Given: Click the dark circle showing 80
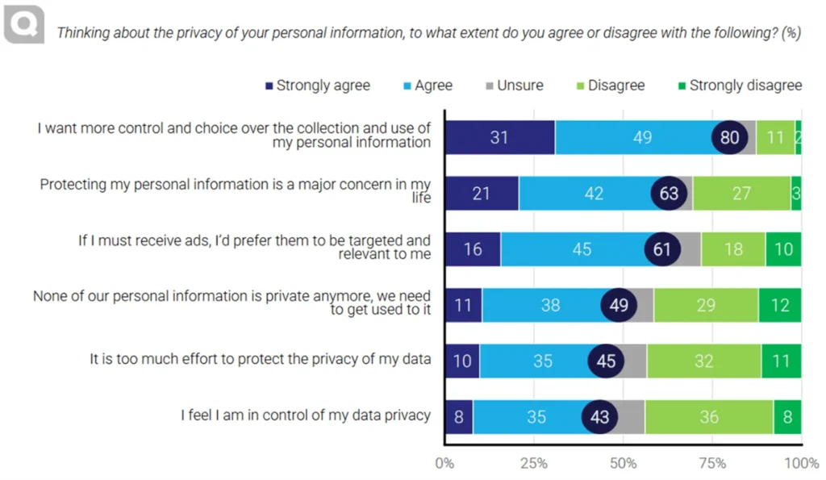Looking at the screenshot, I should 729,137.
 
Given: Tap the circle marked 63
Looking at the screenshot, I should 670,194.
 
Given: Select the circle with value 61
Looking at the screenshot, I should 663,249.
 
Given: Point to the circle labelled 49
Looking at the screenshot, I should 619,305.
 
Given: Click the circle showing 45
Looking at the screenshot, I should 607,361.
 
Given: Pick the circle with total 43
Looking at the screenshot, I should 600,416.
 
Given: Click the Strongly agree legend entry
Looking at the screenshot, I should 317,86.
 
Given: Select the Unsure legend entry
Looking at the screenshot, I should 515,86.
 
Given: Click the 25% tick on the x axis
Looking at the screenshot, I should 534,464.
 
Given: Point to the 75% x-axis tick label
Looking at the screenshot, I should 712,464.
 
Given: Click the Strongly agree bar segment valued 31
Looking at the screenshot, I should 499,137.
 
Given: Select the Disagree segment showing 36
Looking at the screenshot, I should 709,416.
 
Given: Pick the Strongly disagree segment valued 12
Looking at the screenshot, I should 780,305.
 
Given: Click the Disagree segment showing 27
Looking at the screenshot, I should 741,194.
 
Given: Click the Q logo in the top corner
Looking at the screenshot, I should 24,24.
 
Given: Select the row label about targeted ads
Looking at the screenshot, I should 254,248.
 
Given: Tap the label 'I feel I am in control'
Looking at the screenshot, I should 305,415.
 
